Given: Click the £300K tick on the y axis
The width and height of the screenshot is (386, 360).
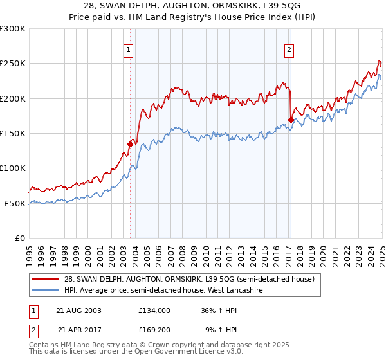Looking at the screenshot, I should point(12,29).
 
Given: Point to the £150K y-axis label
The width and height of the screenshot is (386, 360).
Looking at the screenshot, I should point(12,134).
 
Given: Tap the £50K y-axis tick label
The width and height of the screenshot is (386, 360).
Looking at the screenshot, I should point(14,203).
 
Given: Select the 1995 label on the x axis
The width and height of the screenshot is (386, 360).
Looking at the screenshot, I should point(29,251).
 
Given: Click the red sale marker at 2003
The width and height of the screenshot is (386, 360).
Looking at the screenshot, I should point(130,144).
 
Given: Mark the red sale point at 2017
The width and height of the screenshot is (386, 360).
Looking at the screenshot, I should point(291,120).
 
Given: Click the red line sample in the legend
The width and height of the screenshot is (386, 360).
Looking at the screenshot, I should point(46,279).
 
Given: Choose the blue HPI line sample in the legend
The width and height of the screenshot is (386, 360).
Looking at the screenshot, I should point(46,290).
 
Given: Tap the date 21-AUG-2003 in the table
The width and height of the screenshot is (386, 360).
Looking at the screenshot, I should point(79,310).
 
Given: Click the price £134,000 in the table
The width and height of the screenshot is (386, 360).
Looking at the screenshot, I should point(154,310).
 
